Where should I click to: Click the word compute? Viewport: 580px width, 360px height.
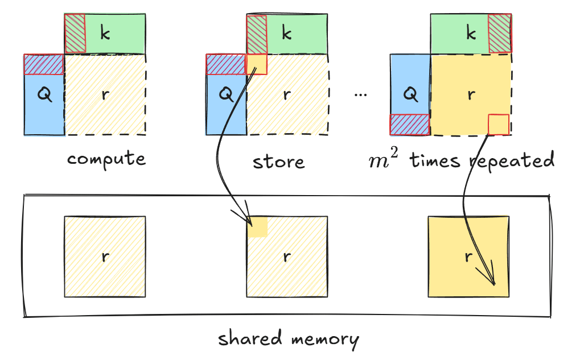[x=106, y=159]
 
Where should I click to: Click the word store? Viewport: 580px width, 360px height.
[x=279, y=162]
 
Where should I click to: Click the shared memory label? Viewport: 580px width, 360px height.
[x=289, y=340]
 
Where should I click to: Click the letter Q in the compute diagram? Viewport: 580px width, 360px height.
[x=44, y=95]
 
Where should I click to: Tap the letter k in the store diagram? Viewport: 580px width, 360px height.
[x=286, y=34]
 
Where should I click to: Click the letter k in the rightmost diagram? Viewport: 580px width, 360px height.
[x=471, y=34]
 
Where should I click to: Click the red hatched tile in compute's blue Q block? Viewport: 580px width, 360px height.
[x=44, y=64]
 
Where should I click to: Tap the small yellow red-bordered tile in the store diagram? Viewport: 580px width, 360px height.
[x=256, y=64]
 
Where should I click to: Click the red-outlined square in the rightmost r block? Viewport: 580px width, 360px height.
[x=499, y=124]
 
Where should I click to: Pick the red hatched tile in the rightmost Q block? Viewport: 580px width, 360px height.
[x=409, y=125]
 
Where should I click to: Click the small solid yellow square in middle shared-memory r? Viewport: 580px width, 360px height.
[x=257, y=226]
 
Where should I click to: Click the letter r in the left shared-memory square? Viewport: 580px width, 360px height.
[x=105, y=256]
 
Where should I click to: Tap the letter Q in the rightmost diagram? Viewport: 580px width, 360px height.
[x=410, y=94]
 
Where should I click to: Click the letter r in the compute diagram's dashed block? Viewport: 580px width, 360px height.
[x=105, y=94]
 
